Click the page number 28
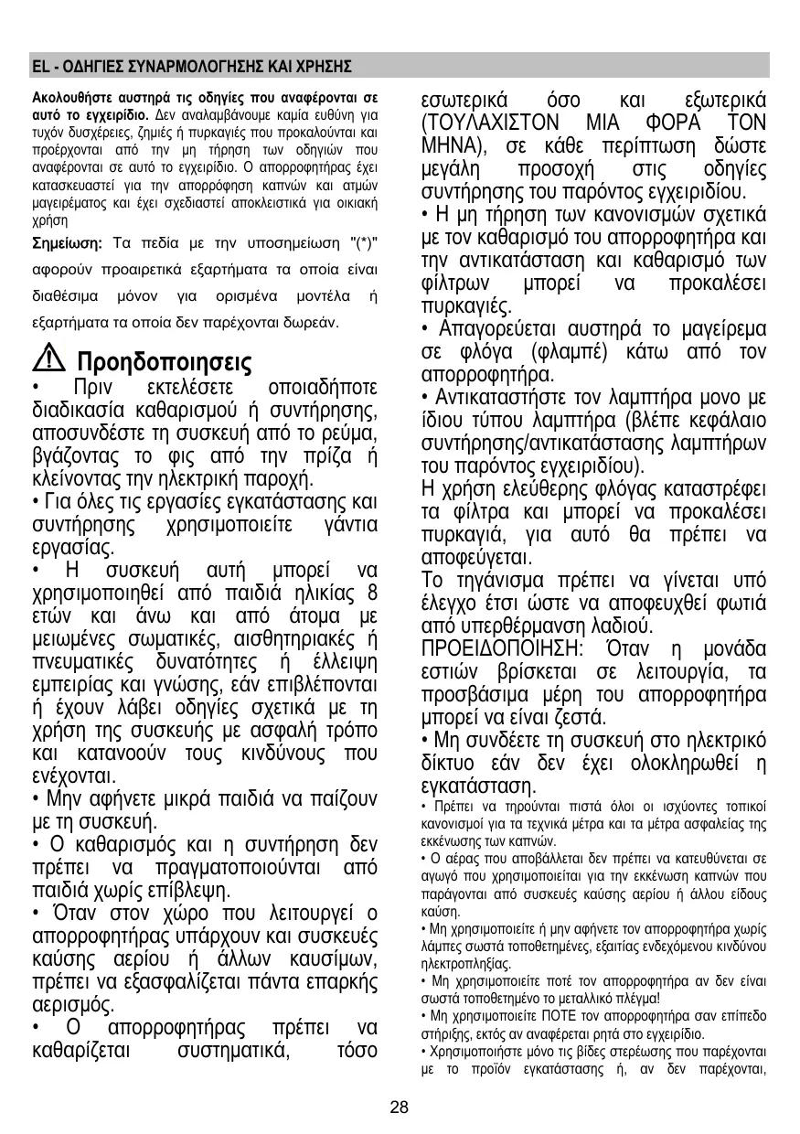tap(398, 1108)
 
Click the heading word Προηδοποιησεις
tap(163, 358)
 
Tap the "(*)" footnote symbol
tap(365, 243)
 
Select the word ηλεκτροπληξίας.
tap(465, 963)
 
